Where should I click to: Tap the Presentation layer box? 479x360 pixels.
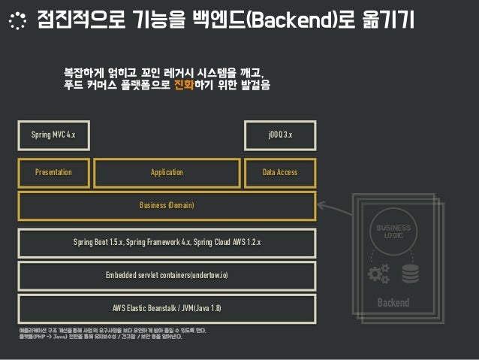(x=54, y=172)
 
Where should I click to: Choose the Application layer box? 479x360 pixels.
(x=167, y=172)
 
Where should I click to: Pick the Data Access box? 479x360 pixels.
(x=280, y=172)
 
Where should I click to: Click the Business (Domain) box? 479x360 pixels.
(x=167, y=205)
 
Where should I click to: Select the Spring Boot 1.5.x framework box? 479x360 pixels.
(x=167, y=243)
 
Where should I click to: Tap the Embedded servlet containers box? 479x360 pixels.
(x=167, y=275)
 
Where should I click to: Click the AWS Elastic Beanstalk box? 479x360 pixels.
(x=167, y=308)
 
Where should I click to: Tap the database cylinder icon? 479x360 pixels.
(x=410, y=275)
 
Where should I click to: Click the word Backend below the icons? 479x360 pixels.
(x=393, y=302)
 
